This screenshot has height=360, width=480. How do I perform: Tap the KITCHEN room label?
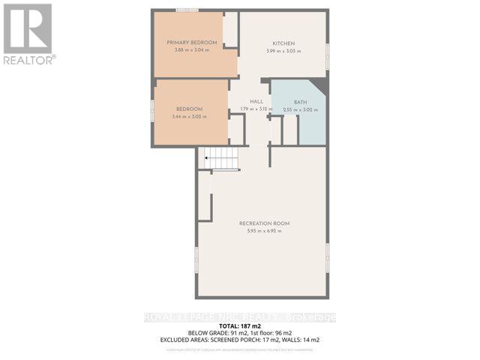pyautogui.click(x=283, y=43)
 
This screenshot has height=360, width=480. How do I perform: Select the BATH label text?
pyautogui.click(x=300, y=101)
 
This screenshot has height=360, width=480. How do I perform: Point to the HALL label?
pyautogui.click(x=256, y=101)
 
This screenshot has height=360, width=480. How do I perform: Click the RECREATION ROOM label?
pyautogui.click(x=264, y=223)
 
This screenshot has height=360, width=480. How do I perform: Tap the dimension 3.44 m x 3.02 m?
pyautogui.click(x=190, y=117)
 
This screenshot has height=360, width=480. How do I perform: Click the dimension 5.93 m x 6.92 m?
pyautogui.click(x=264, y=231)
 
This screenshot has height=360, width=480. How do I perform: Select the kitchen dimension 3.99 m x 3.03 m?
pyautogui.click(x=283, y=51)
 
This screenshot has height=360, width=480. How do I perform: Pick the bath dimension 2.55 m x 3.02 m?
pyautogui.click(x=300, y=109)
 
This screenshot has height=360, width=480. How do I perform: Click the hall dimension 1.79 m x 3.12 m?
pyautogui.click(x=256, y=109)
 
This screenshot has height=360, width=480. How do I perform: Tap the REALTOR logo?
pyautogui.click(x=28, y=34)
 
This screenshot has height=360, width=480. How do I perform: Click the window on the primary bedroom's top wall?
pyautogui.click(x=187, y=10)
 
